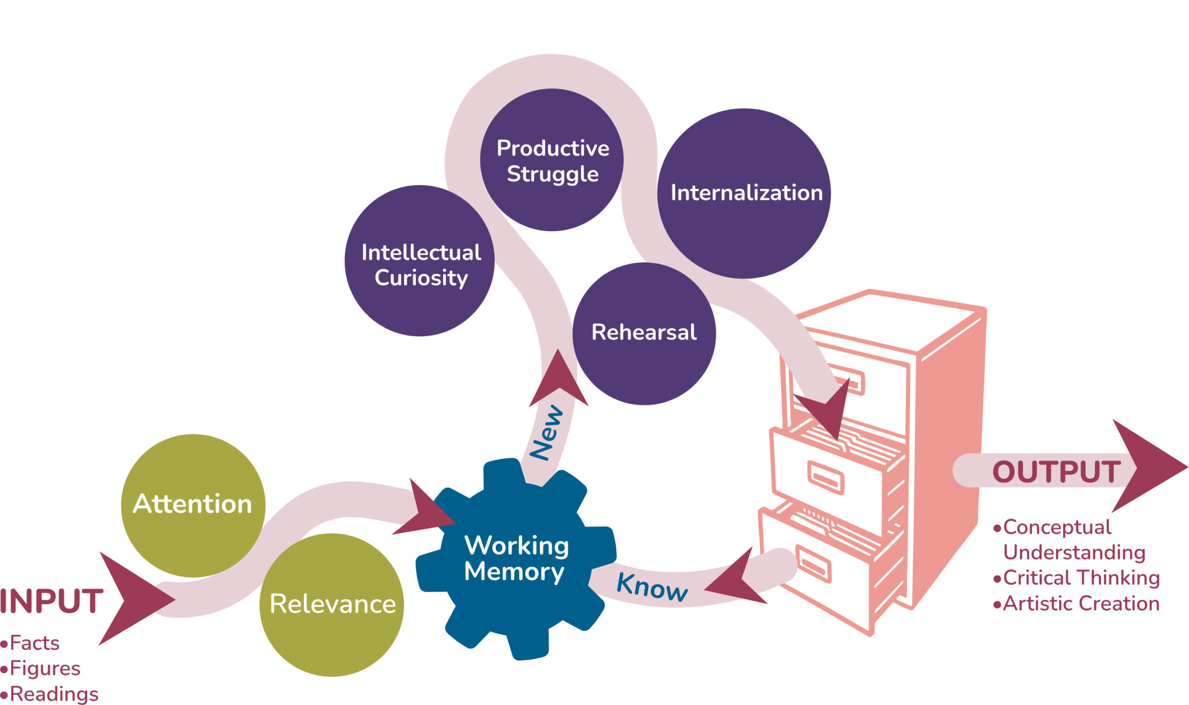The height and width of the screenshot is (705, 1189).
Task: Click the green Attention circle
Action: click(x=192, y=505)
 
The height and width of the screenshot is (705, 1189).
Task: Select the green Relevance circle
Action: click(x=332, y=604)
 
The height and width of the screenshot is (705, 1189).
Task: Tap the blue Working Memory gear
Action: click(x=516, y=558)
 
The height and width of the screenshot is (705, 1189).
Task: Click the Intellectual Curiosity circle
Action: click(x=419, y=261)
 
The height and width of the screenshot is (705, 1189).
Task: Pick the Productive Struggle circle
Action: click(x=551, y=160)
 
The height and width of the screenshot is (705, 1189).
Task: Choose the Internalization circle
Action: click(x=744, y=193)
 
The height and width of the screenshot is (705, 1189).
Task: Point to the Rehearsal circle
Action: click(x=644, y=333)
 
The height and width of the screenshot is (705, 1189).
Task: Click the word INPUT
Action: click(x=51, y=601)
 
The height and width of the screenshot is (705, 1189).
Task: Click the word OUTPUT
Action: click(x=1056, y=472)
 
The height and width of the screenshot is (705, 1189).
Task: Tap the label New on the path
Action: click(x=546, y=432)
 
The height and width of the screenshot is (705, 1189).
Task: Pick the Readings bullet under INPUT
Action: click(x=53, y=694)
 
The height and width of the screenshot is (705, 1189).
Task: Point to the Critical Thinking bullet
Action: click(x=1081, y=578)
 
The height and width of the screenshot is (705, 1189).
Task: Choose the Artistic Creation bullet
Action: click(x=1081, y=604)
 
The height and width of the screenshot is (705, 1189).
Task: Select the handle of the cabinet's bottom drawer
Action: click(x=814, y=563)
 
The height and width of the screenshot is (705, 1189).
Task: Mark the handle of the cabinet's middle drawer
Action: click(x=826, y=478)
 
